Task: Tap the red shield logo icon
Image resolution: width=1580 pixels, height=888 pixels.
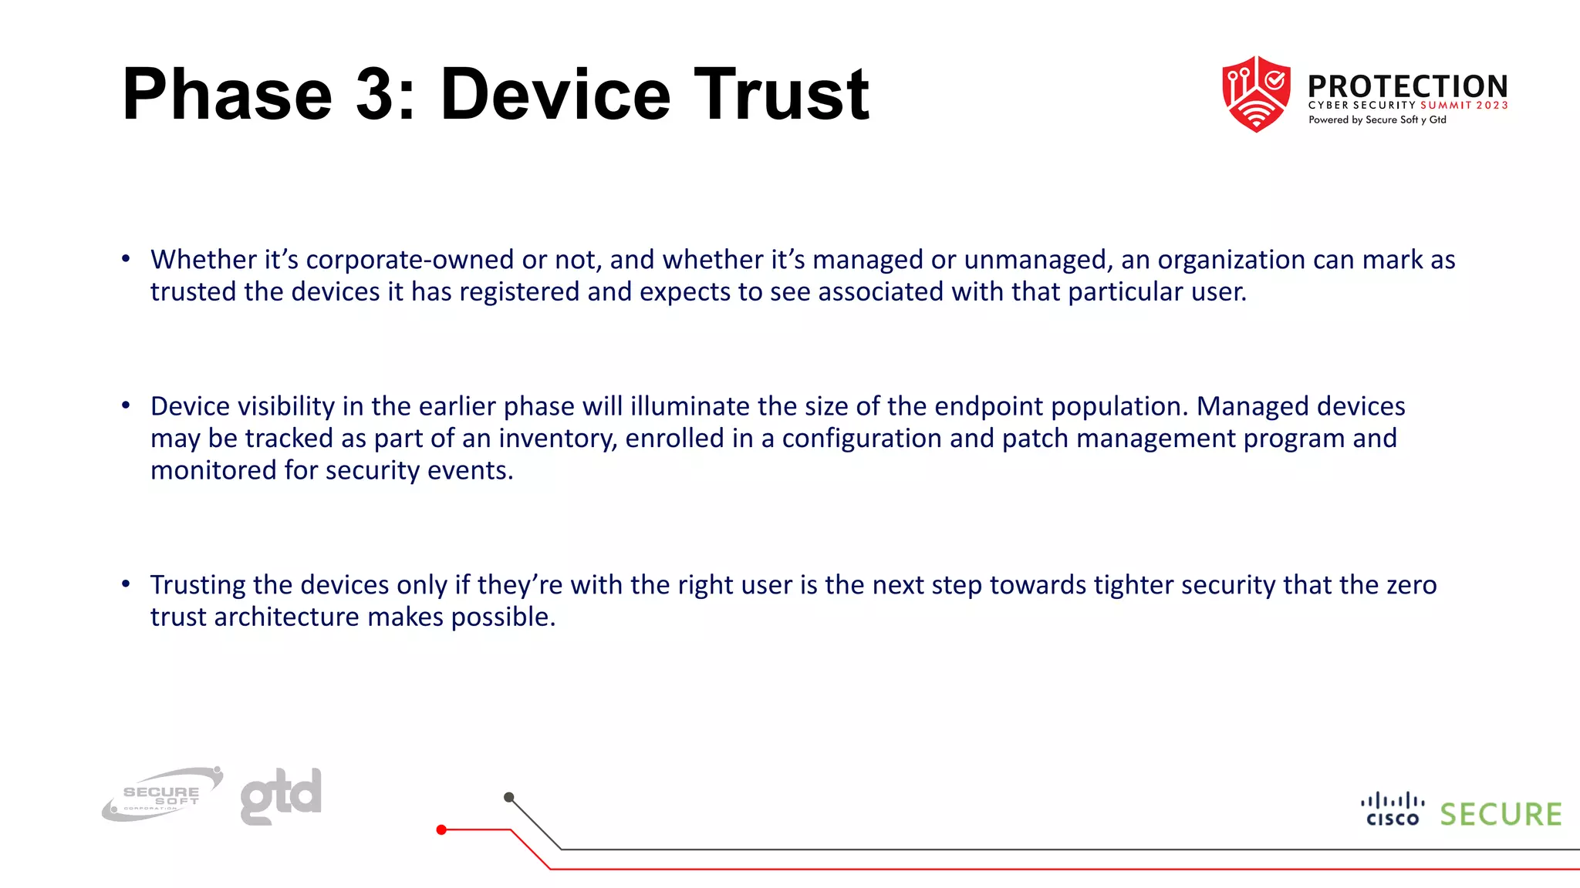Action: [1256, 94]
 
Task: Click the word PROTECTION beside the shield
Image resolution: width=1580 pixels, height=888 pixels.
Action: [1407, 86]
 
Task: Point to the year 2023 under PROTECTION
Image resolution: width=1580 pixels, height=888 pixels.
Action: [1492, 106]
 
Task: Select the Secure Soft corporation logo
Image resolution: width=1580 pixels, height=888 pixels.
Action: [162, 794]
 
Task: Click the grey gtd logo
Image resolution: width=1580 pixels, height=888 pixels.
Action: [281, 795]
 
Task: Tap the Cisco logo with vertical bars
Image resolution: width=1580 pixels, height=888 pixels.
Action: [1393, 809]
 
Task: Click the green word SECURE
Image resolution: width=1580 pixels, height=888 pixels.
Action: [1501, 815]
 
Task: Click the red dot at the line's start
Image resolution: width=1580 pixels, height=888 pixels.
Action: [441, 830]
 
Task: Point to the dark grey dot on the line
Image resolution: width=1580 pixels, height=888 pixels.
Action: [508, 797]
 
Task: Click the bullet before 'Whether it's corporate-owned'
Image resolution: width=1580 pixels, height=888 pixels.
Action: [126, 259]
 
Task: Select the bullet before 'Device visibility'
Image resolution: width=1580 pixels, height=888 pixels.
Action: [126, 405]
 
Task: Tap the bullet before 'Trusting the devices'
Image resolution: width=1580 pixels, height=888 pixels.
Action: [126, 584]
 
